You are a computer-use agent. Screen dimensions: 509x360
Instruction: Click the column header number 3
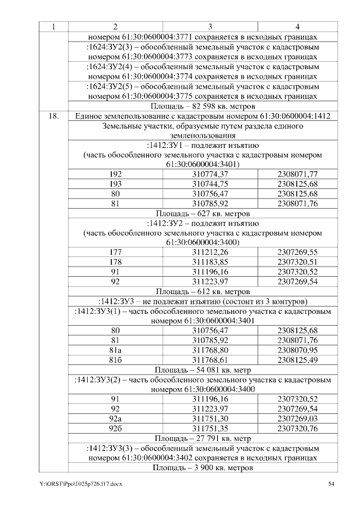[x=210, y=26]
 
